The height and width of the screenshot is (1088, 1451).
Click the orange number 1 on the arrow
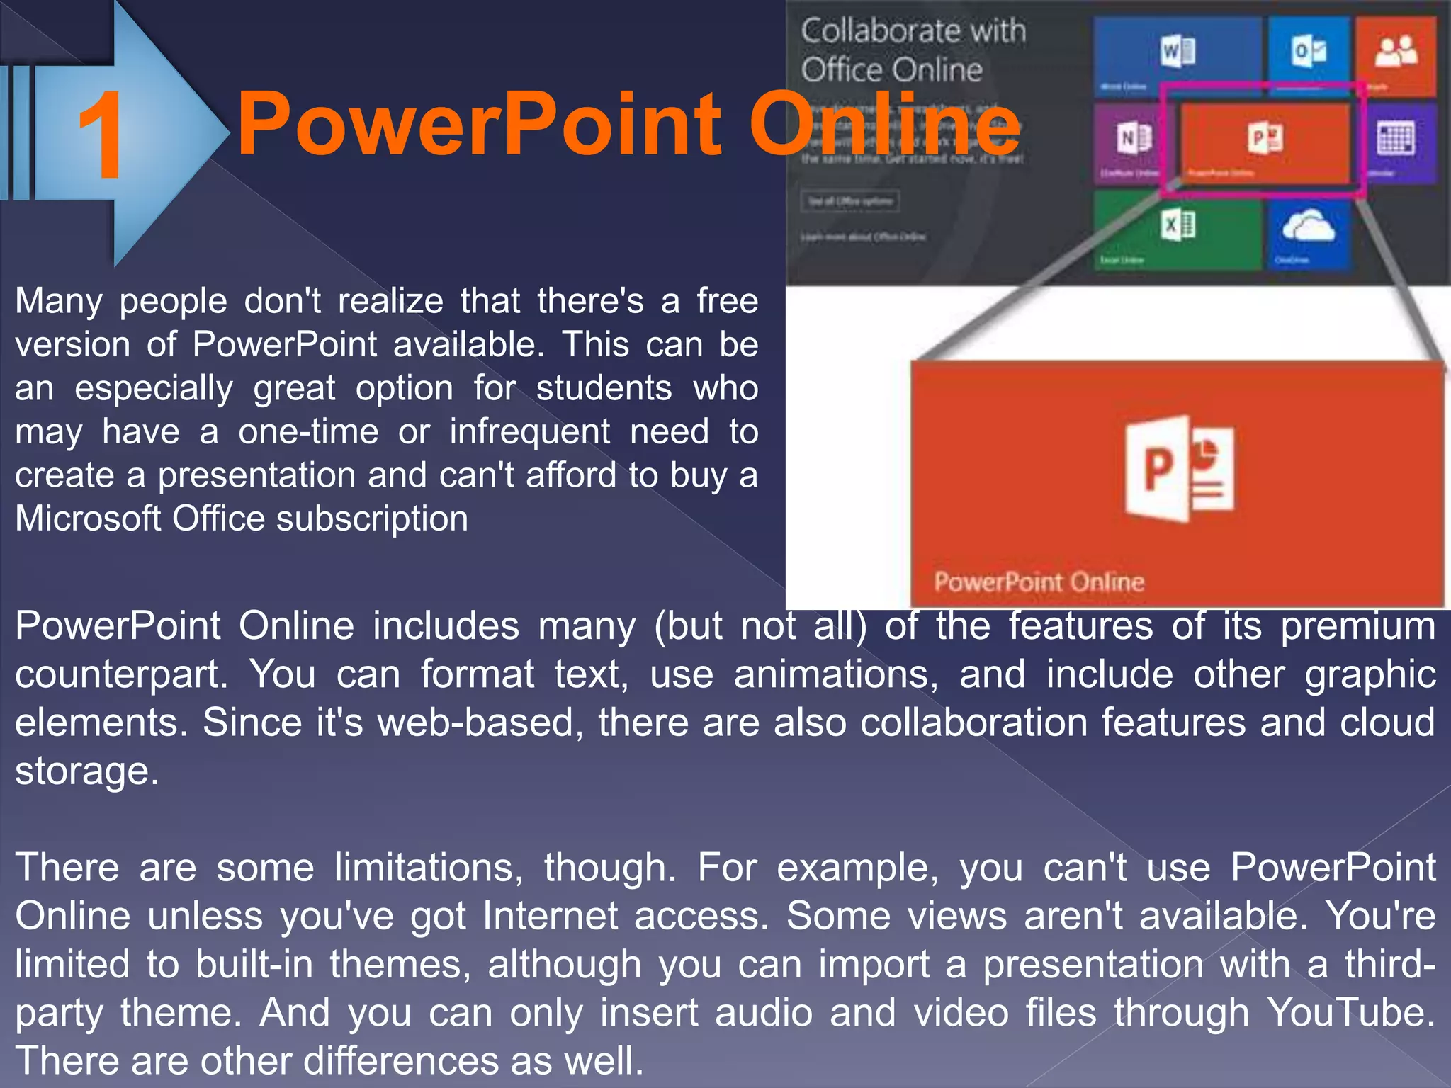101,136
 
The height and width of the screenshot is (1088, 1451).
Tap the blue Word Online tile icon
1178,52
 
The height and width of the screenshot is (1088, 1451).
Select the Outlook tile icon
1308,51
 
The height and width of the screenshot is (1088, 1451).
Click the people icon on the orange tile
1396,51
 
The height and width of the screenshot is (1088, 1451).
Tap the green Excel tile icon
1178,225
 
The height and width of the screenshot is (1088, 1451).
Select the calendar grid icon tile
1396,138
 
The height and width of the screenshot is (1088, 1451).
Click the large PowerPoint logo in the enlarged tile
1178,468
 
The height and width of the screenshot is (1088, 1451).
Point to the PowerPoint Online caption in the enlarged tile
1039,582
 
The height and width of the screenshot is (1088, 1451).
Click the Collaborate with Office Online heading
913,50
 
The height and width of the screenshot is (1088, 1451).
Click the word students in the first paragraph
604,388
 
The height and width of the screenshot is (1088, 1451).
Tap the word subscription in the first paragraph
372,518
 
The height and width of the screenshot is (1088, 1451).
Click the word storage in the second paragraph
86,771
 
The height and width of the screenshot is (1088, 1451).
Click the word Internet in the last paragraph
551,916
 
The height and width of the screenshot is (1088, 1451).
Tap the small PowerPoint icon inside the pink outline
1265,138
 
